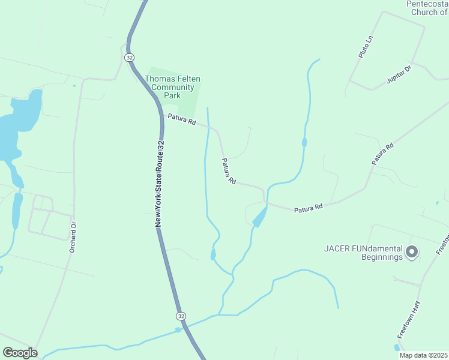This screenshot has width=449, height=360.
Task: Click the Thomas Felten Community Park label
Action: coord(173,87)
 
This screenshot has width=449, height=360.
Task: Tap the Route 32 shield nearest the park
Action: coord(129,57)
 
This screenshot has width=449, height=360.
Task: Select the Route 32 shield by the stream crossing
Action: coord(181,316)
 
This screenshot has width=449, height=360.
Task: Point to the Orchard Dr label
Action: coord(73,237)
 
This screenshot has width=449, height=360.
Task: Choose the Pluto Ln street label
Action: coord(366,47)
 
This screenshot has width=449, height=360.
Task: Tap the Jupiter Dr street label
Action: coord(399,74)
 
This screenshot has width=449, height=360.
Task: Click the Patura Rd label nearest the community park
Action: coord(181,120)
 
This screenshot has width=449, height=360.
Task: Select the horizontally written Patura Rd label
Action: coord(309,208)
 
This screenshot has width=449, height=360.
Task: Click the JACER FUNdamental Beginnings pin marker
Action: coord(412,252)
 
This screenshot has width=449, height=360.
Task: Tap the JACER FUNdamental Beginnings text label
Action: coord(363,253)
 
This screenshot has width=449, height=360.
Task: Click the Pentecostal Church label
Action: coord(427,7)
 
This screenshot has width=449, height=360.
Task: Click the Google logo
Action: coord(20,352)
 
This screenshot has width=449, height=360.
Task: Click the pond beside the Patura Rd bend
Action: coord(260,217)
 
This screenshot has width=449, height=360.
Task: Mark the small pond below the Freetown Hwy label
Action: coord(397,347)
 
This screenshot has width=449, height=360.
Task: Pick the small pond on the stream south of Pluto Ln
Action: coord(304,142)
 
